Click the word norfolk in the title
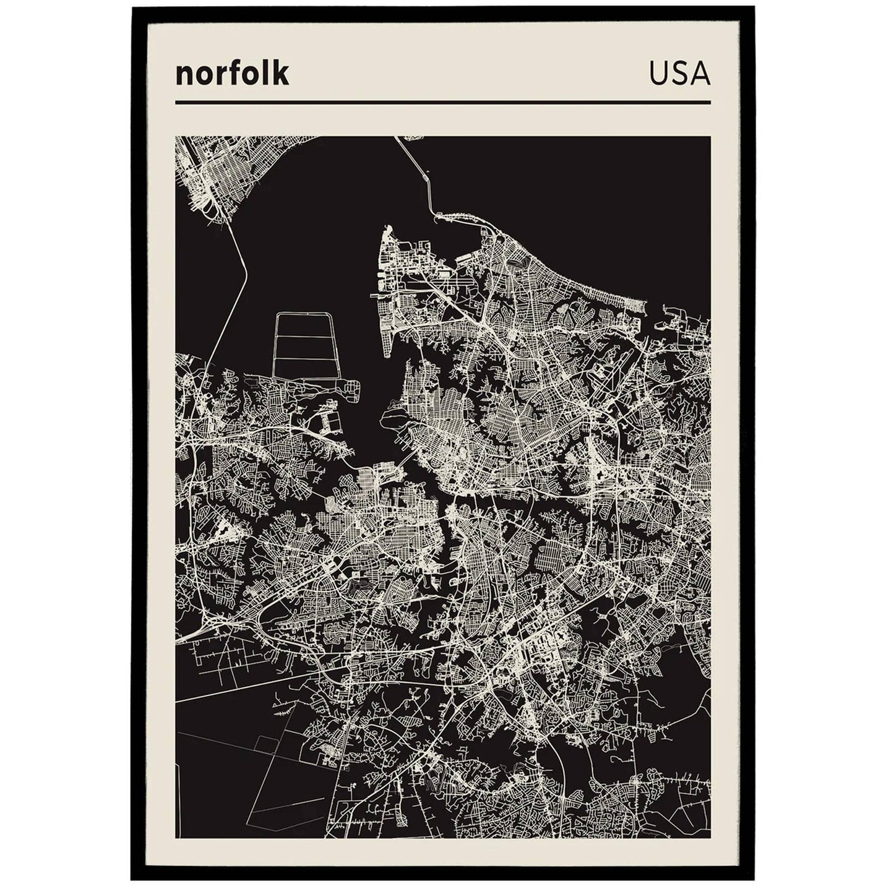click(x=232, y=74)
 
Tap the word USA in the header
click(x=679, y=74)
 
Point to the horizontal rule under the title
click(x=442, y=102)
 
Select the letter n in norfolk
click(x=183, y=75)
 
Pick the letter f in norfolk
click(x=236, y=73)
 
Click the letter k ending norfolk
click(x=281, y=73)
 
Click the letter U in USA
click(x=658, y=74)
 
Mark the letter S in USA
click(x=679, y=74)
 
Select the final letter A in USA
click(x=700, y=74)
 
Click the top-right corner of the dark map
click(x=709, y=137)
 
